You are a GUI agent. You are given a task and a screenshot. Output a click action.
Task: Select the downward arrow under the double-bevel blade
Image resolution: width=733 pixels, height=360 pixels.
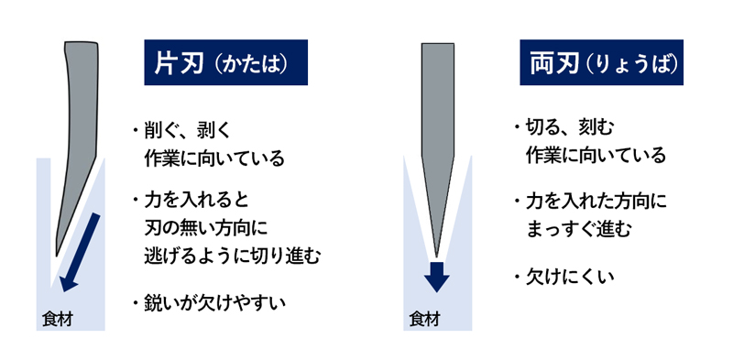[x=437, y=274]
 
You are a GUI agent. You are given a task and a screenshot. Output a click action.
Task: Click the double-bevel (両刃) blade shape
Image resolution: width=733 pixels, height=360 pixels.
[x=437, y=137]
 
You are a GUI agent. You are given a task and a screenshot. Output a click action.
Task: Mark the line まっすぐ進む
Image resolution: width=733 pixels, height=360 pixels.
[x=578, y=227]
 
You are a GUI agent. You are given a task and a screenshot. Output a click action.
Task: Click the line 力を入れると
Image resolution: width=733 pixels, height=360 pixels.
[x=196, y=199]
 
